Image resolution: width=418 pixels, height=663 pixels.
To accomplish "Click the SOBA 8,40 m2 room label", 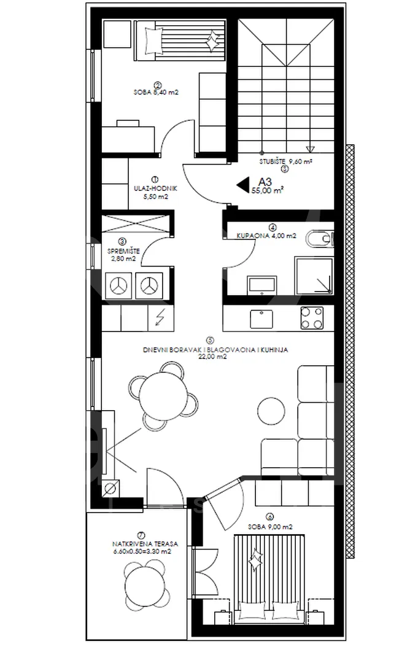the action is pos(156,91).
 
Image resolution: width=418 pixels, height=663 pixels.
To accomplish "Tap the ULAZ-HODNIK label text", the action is pos(155,189).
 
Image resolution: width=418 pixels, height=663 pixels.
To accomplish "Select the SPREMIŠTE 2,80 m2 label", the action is pos(123,255).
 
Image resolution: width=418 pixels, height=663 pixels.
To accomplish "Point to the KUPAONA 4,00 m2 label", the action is pos(266,236).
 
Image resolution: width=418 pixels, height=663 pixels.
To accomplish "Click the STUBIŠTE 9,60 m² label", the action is pos(285,161).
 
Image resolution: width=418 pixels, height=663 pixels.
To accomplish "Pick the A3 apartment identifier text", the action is pos(265,182).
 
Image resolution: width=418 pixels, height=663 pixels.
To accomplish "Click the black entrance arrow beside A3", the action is pos(242,185).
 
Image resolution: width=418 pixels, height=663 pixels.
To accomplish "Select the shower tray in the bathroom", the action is pos(314,276).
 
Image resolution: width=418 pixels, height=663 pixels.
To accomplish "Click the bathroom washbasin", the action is pos(262,285).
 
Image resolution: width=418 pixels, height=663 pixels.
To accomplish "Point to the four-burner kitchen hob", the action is pos(312,318).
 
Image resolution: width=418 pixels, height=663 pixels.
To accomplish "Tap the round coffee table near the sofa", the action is pos(271,410).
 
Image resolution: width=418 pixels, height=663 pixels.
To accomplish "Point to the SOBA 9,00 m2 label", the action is pos(270,527).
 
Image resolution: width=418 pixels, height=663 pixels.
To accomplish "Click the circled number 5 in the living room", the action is pos(210,340).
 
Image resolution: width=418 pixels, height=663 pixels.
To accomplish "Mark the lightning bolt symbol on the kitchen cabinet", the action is pos(160,317).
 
